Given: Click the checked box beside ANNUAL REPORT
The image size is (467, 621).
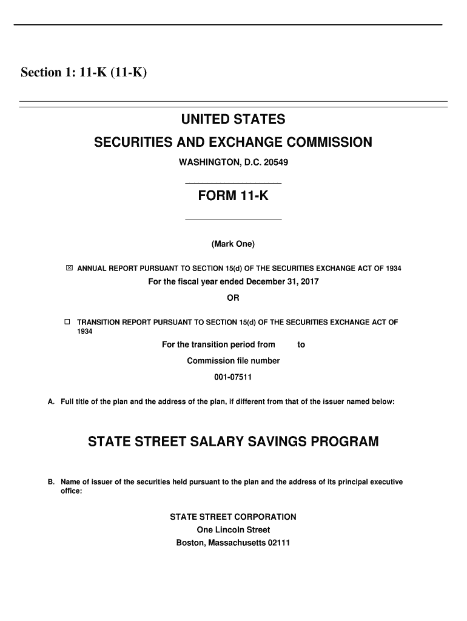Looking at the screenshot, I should coord(69,268).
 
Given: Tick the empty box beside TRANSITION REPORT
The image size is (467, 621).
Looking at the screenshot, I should coord(69,322).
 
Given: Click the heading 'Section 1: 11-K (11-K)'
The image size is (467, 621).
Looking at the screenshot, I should coord(84,73).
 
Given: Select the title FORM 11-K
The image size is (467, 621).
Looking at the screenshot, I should coord(233,197).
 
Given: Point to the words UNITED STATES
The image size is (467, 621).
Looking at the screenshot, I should coord(233,119).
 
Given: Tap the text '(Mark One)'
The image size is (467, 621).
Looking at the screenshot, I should coord(233,244).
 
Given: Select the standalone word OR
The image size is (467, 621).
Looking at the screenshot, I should coord(233,298).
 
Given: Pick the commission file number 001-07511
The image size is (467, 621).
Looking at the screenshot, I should coord(233,377).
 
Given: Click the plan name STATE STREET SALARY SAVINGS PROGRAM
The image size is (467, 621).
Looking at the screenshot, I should coord(233,441).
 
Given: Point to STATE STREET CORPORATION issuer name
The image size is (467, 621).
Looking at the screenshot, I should coord(233,517).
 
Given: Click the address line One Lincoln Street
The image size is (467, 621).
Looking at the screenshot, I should coord(233,530).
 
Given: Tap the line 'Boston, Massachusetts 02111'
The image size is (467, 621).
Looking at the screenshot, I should coord(233,543).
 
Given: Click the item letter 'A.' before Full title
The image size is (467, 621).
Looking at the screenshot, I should coord(52,401).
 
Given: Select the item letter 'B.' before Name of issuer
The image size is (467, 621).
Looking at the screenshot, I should coord(52,482).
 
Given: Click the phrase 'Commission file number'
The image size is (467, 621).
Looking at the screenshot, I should coord(233,361).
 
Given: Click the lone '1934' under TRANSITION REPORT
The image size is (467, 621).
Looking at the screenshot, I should coord(85,332).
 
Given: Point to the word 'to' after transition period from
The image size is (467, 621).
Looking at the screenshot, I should coord(301,345).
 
